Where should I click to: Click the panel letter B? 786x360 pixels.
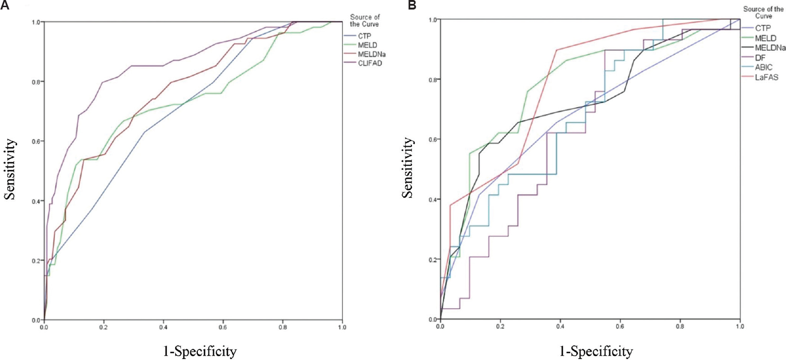tap(412, 5)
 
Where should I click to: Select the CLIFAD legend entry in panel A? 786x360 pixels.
tap(370, 63)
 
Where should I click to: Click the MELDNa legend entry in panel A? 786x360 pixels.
tap(372, 54)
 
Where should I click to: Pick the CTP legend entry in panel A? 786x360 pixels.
tap(364, 36)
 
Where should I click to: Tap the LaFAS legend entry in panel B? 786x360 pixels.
tap(766, 77)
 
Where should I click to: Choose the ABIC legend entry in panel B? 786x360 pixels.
tap(764, 68)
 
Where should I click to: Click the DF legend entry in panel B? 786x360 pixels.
tap(760, 58)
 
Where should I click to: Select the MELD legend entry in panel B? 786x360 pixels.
tap(766, 38)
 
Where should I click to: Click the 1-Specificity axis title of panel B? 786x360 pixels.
tap(596, 351)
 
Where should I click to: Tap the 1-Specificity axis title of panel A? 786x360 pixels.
tap(200, 351)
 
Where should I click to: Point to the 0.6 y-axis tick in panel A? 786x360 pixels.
tap(36, 141)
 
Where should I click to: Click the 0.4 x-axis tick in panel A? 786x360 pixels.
tap(163, 327)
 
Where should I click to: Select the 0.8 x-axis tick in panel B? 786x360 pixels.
tap(680, 326)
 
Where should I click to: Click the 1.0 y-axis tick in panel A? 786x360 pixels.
tap(36, 22)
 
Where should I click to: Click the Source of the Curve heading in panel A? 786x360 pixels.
tap(364, 20)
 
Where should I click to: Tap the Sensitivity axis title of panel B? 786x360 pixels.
tap(407, 167)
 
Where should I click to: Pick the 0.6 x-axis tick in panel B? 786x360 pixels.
tap(620, 326)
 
